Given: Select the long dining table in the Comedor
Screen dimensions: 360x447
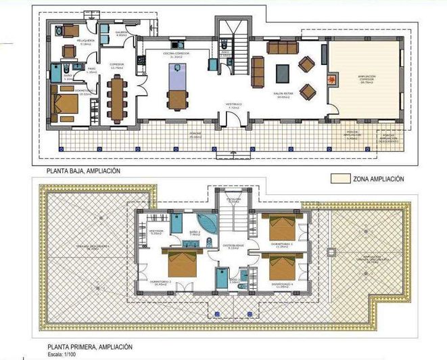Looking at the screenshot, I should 119,92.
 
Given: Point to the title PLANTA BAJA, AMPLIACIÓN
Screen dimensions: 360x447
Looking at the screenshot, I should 83,172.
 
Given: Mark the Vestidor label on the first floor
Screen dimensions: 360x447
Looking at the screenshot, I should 156,232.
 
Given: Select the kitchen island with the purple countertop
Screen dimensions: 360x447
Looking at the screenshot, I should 175,87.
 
